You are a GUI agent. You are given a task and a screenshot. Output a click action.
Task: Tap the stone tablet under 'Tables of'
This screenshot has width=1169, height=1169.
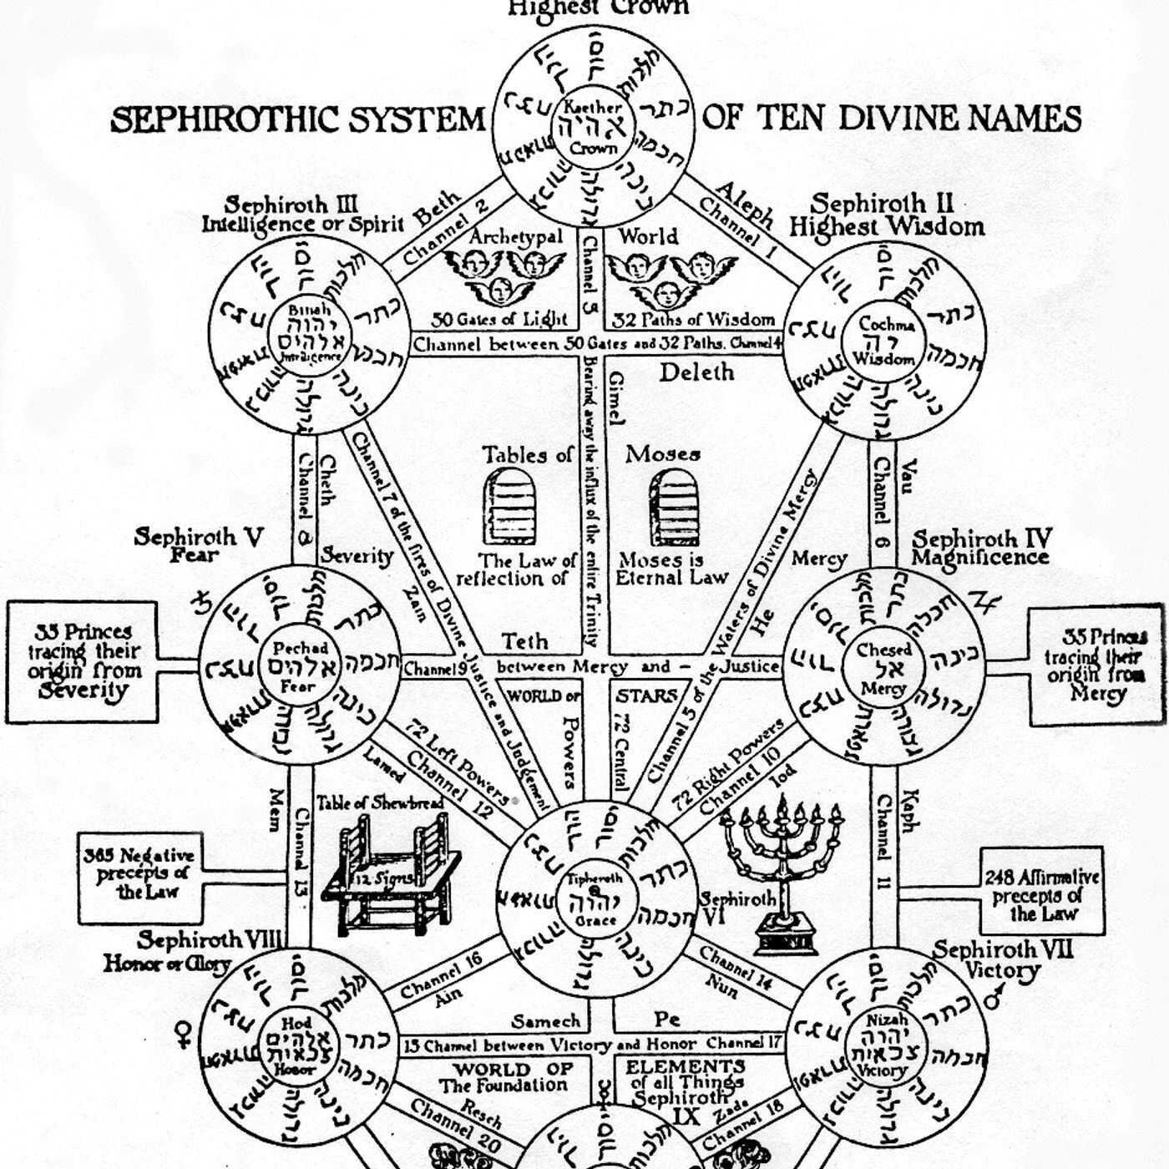(509, 507)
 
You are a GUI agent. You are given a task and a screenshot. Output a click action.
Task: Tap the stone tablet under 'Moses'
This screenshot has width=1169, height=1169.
(673, 507)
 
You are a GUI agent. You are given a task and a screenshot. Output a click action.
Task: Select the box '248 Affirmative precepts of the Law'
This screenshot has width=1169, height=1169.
(1040, 895)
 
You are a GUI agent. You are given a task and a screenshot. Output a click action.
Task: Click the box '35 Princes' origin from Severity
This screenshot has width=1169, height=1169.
(82, 661)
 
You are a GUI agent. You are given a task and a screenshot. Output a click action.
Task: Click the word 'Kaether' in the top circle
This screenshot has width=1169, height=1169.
(593, 107)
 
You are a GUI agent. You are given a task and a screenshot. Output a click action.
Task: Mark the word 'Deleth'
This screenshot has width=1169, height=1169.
(696, 372)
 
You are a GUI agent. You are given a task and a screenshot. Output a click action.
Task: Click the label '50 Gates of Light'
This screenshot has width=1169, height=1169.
(499, 320)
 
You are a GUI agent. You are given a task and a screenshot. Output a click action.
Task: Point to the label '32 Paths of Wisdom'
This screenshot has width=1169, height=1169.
(693, 320)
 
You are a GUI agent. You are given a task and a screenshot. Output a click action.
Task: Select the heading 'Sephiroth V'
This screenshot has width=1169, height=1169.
(199, 537)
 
